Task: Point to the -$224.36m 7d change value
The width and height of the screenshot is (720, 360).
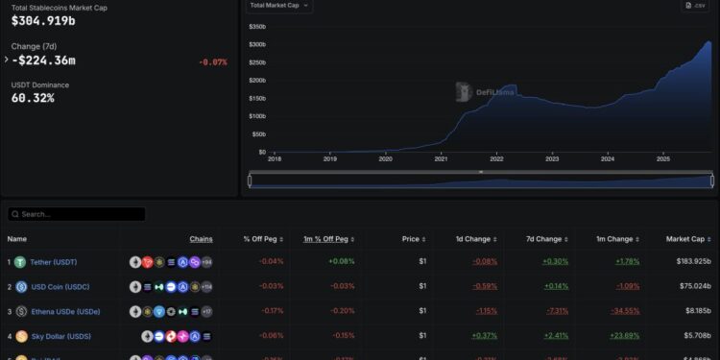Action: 43,60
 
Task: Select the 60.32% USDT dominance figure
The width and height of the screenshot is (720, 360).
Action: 33,98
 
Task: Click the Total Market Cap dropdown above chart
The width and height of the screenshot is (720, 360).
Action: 279,6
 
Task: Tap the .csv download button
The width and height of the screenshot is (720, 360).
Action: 695,6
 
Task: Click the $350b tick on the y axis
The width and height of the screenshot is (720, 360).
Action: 257,27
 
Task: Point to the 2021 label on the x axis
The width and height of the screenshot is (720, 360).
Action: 442,159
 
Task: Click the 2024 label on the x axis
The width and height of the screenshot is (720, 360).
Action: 607,159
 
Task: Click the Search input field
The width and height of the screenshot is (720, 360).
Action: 77,214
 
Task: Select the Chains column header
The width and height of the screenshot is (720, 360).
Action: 201,238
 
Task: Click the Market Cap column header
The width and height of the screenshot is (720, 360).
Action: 685,238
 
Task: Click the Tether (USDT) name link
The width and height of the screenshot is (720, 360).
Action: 53,261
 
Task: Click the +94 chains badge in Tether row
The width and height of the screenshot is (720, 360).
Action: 205,261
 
